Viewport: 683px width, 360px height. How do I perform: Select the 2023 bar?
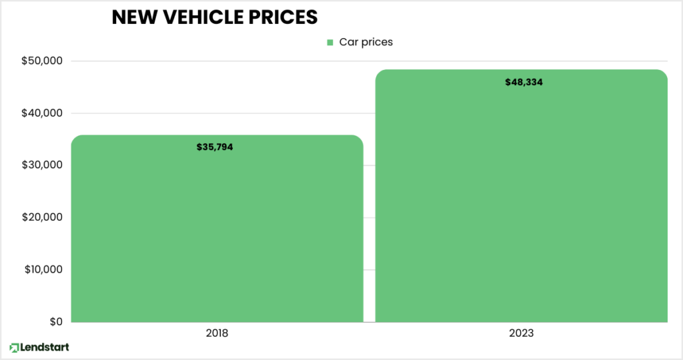(x=521, y=200)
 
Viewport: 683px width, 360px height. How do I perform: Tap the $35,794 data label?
(x=215, y=147)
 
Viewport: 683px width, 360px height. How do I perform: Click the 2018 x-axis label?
(x=217, y=332)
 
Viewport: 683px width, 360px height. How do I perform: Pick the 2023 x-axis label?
(x=521, y=332)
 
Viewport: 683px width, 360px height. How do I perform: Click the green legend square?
(x=329, y=43)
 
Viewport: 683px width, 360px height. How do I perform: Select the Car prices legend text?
(x=366, y=42)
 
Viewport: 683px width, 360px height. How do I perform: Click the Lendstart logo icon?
(x=14, y=347)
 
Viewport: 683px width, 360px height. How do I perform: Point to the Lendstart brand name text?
(x=45, y=347)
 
